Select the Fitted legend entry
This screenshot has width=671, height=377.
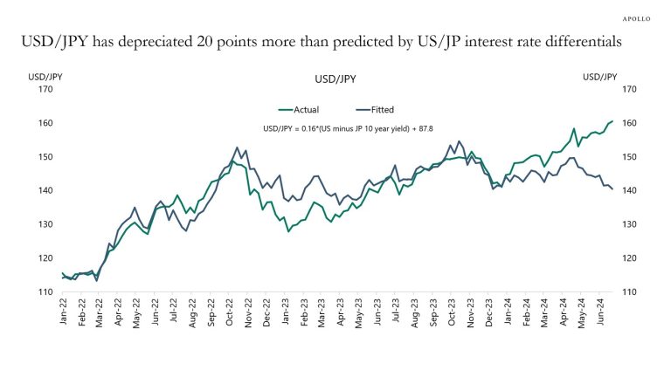(376, 110)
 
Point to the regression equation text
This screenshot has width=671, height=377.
(335, 128)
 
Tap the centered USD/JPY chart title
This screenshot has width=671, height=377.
(335, 79)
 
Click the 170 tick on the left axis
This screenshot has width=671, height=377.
(45, 89)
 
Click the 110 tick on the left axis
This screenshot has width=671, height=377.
(45, 291)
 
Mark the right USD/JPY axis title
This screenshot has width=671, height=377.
(600, 76)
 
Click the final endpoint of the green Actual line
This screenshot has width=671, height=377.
(612, 121)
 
